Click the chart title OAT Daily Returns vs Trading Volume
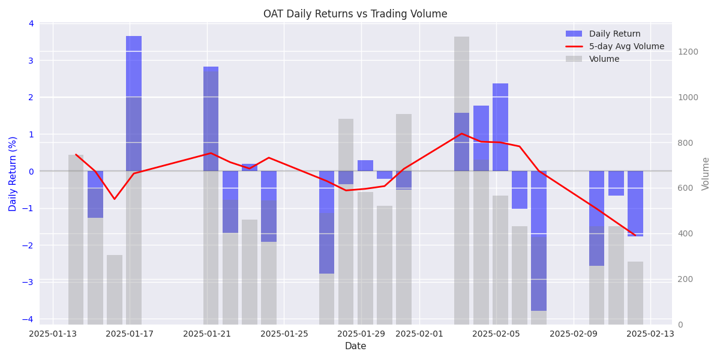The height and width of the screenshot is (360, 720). pyautogui.click(x=355, y=14)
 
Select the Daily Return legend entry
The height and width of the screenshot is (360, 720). pyautogui.click(x=614, y=34)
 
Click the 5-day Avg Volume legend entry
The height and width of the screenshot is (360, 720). pyautogui.click(x=626, y=47)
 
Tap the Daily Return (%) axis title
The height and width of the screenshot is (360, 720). pyautogui.click(x=13, y=174)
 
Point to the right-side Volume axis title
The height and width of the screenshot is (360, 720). pyautogui.click(x=706, y=174)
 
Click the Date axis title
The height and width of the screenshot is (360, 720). pyautogui.click(x=355, y=346)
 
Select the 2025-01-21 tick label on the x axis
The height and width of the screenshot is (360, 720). pyautogui.click(x=207, y=334)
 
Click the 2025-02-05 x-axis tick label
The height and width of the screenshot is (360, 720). pyautogui.click(x=496, y=334)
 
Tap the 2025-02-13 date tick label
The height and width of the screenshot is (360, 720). pyautogui.click(x=650, y=334)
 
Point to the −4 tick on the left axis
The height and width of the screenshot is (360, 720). pyautogui.click(x=30, y=319)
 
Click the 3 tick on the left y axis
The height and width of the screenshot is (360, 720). pyautogui.click(x=31, y=60)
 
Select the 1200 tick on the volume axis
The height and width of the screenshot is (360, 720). pyautogui.click(x=688, y=52)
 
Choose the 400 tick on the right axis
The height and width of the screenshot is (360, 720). pyautogui.click(x=686, y=233)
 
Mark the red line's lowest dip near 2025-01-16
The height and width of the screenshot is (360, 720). pyautogui.click(x=115, y=199)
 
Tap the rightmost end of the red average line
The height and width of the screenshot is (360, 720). pyautogui.click(x=635, y=235)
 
